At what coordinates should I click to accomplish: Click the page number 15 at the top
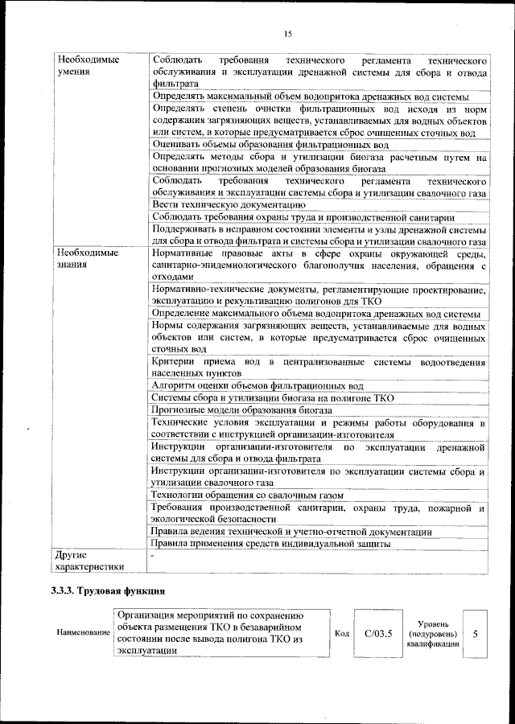(x=287, y=33)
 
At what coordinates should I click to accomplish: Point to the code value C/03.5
(x=377, y=634)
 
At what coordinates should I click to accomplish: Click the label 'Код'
(x=341, y=634)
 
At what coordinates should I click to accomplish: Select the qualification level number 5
(x=475, y=634)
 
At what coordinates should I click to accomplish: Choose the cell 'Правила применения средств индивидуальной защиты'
(x=271, y=544)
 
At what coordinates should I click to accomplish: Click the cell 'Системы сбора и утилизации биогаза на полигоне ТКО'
(x=272, y=397)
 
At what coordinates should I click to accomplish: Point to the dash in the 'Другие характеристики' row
(x=152, y=555)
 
